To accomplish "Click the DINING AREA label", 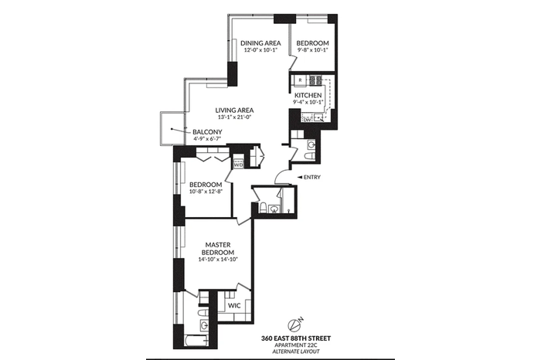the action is (x=260, y=43).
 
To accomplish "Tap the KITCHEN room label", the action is (x=308, y=95).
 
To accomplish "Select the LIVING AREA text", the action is (x=234, y=110).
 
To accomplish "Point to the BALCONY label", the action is (x=207, y=132).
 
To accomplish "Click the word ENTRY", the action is (x=312, y=177).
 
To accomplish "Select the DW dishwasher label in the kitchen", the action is (x=307, y=120).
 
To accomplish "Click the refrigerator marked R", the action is (x=300, y=80).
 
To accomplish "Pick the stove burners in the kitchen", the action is (x=315, y=80).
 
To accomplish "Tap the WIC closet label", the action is (x=234, y=306).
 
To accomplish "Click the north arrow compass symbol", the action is (x=294, y=324).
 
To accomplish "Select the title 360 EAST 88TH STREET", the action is (x=296, y=338).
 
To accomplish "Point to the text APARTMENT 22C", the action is (x=296, y=345).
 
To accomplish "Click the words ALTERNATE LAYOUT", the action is (x=296, y=352).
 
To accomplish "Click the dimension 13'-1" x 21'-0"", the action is (x=234, y=117).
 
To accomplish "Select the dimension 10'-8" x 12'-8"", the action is (x=206, y=192).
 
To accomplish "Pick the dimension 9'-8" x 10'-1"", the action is (x=312, y=50).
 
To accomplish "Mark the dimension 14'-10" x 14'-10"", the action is (x=219, y=260).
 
